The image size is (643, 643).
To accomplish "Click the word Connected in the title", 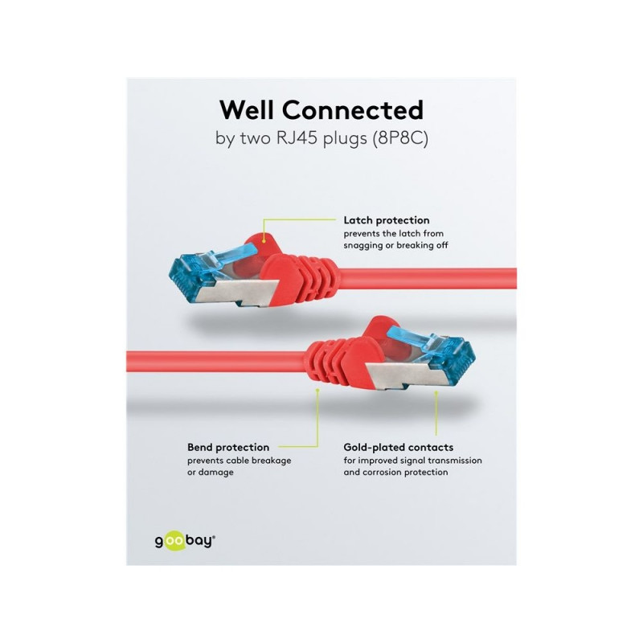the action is pyautogui.click(x=353, y=110).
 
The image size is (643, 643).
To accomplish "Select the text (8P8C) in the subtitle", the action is pyautogui.click(x=400, y=138).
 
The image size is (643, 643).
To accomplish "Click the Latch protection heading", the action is pyautogui.click(x=387, y=220).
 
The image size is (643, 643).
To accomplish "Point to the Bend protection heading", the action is pyautogui.click(x=228, y=447).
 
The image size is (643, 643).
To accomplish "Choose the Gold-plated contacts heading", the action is pyautogui.click(x=399, y=447).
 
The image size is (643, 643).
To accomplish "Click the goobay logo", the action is pyautogui.click(x=185, y=541).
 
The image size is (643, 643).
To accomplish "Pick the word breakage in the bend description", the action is pyautogui.click(x=271, y=461).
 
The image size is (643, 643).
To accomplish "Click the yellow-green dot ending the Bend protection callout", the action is pyautogui.click(x=317, y=390).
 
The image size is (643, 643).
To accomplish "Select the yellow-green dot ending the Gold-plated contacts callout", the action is pyautogui.click(x=436, y=392).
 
